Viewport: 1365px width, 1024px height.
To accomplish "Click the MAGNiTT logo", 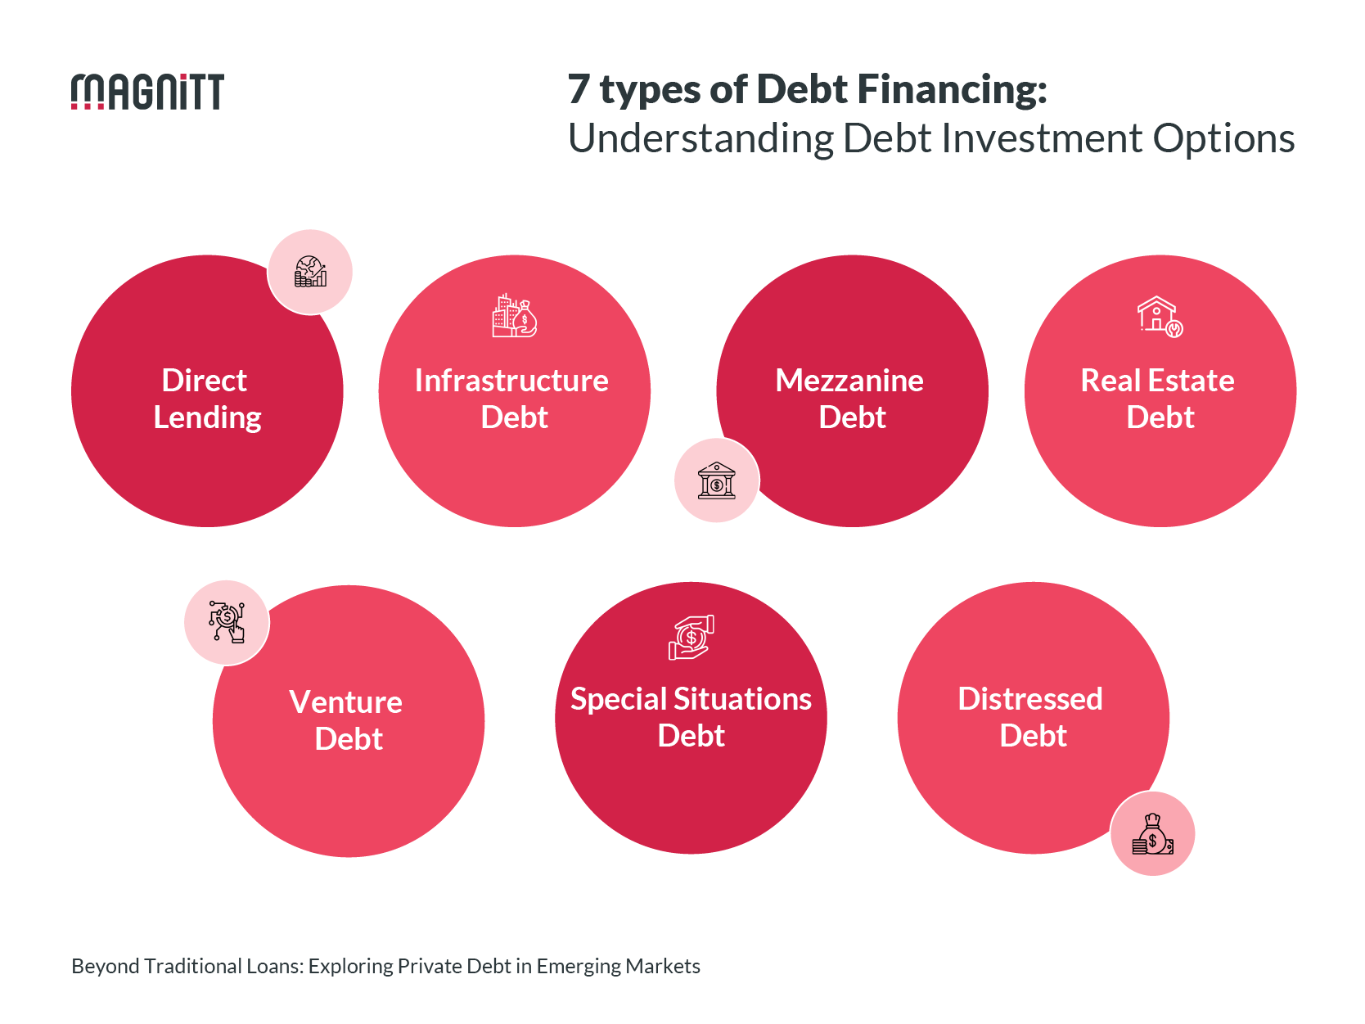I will [147, 92].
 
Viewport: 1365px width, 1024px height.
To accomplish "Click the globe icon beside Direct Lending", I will [310, 272].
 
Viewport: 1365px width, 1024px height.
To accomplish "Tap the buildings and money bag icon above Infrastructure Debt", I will [514, 316].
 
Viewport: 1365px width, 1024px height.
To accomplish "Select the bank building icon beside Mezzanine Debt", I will [717, 480].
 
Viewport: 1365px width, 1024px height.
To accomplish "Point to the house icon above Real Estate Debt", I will [1160, 316].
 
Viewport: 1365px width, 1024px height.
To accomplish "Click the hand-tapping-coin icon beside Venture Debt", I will [227, 622].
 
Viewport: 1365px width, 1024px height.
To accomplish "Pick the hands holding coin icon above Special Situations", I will [691, 638].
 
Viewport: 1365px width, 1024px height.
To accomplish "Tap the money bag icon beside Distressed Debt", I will [1152, 834].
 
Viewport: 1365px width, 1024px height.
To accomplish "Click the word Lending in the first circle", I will [207, 417].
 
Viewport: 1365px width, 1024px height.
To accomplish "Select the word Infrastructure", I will [511, 381].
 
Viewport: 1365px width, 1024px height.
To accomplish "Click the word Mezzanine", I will [849, 381].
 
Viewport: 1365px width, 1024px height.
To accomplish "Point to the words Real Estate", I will [1157, 381].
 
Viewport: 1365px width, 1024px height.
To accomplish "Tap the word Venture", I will [345, 702].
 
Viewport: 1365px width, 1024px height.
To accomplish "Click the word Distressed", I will [1030, 699].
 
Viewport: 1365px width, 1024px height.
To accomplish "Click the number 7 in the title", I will [579, 89].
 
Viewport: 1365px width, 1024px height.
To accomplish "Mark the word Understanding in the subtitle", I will [701, 138].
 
